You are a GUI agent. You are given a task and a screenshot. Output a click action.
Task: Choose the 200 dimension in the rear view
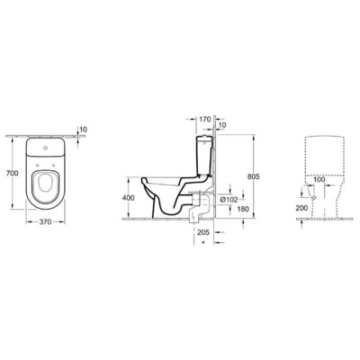(x=301, y=207)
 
